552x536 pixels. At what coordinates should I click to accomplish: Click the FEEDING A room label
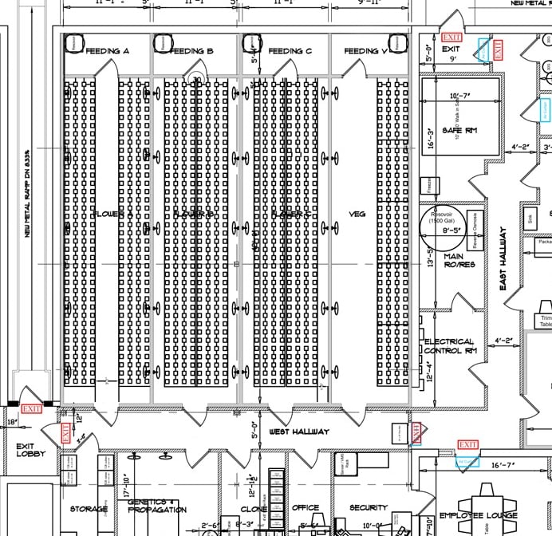[107, 52]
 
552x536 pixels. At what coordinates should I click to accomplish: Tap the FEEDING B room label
[192, 52]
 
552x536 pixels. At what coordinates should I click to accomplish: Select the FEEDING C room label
[285, 52]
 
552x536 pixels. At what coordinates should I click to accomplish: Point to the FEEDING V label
[365, 52]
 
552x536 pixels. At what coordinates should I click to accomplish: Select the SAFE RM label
[459, 132]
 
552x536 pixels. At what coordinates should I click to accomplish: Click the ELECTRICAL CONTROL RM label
[449, 346]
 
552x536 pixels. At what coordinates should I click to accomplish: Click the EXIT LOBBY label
[31, 450]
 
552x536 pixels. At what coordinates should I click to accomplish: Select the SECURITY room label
[368, 507]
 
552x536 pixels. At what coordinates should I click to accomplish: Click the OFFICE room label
[306, 507]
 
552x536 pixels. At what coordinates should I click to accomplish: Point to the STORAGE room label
[89, 508]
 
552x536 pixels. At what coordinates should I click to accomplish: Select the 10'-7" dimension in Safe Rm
[459, 97]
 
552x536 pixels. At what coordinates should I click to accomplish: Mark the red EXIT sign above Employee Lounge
[468, 444]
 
